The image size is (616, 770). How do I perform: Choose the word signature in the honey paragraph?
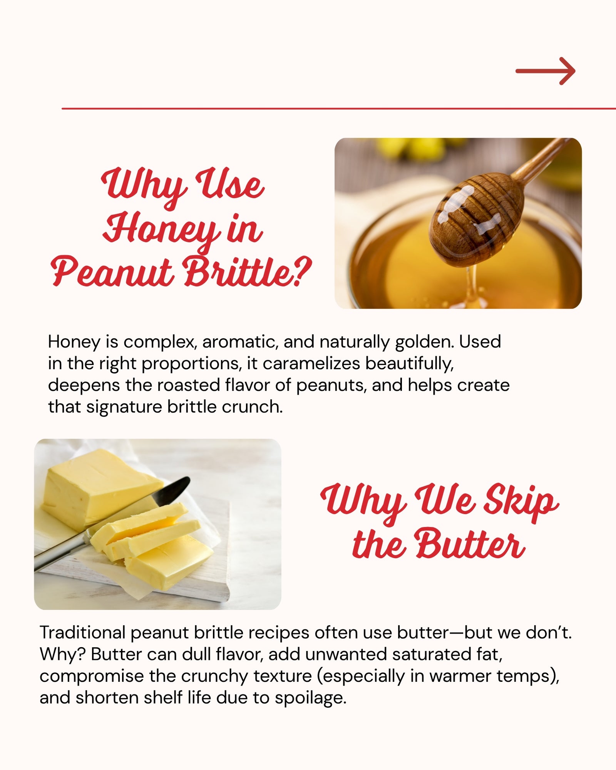[x=124, y=407]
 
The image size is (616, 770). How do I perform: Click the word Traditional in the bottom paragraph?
[x=82, y=633]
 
